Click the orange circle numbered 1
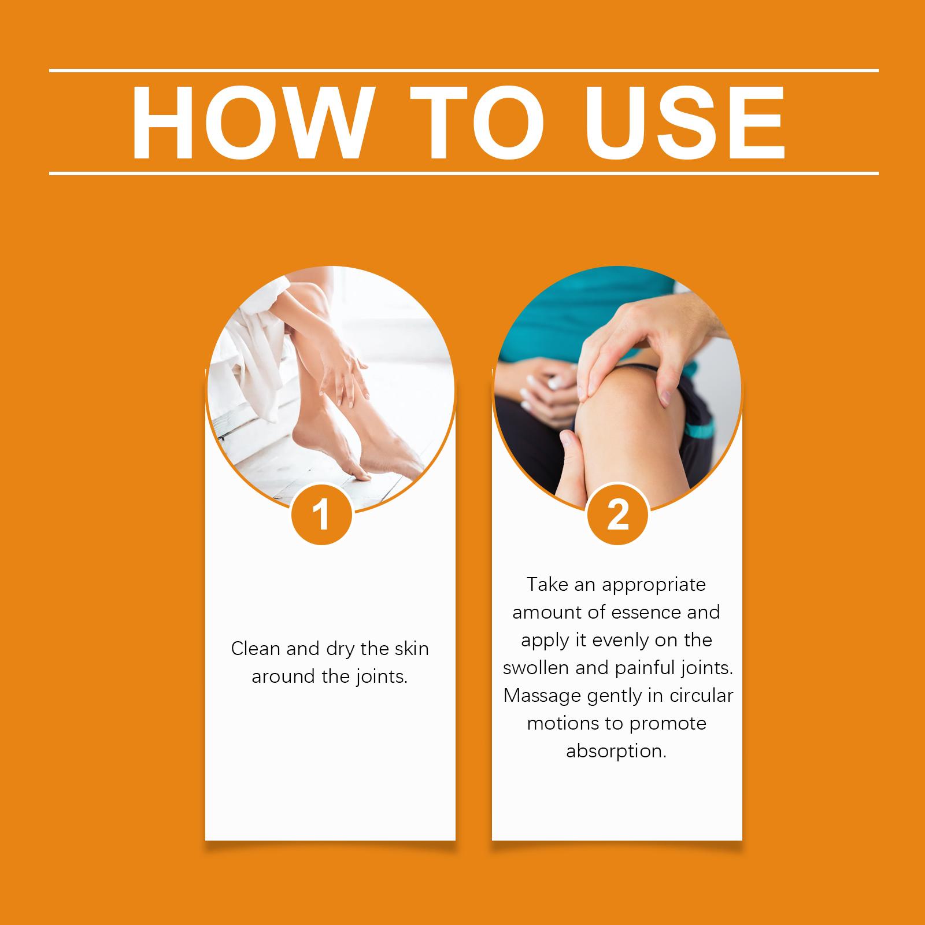pyautogui.click(x=321, y=514)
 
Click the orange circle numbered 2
pyautogui.click(x=617, y=514)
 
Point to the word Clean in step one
pyautogui.click(x=256, y=649)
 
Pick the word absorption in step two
pyautogui.click(x=617, y=752)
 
